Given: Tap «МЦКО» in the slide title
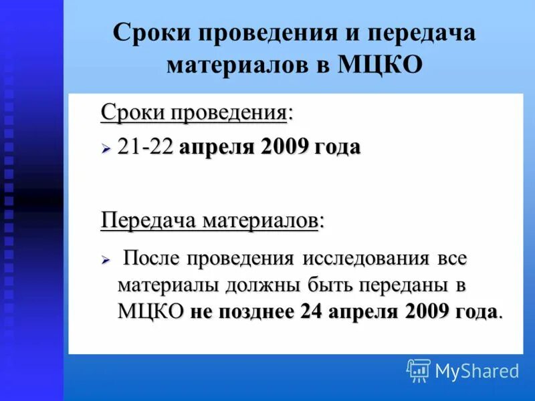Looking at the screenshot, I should tap(381, 65).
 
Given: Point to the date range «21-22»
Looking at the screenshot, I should tap(146, 147).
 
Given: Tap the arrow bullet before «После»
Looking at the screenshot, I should tap(106, 259).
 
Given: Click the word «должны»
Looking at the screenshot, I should tap(258, 285).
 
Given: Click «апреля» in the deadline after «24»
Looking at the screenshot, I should tap(361, 311).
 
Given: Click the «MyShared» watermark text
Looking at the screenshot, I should tap(477, 371).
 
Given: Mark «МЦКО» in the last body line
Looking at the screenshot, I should tap(150, 311).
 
